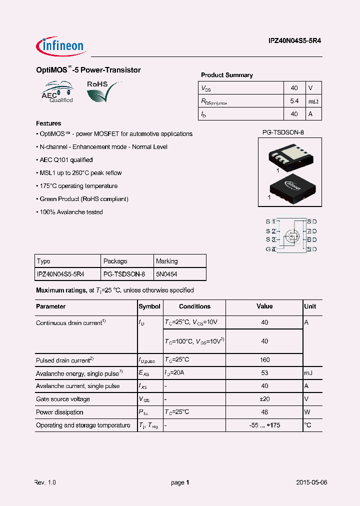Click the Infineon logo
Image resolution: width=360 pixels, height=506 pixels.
[62, 46]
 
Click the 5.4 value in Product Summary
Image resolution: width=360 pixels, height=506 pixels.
[294, 101]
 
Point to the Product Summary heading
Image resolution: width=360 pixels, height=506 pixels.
[226, 75]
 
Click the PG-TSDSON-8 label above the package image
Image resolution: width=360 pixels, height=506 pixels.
[283, 132]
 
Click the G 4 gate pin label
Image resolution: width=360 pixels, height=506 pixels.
[270, 249]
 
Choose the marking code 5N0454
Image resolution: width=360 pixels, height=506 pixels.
[166, 274]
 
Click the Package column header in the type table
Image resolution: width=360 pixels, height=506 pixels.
[115, 261]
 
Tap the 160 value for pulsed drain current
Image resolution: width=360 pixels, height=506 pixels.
[264, 359]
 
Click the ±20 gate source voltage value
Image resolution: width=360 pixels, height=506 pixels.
[264, 399]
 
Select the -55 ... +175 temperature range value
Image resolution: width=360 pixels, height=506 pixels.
[264, 425]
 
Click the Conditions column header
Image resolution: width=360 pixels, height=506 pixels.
[194, 306]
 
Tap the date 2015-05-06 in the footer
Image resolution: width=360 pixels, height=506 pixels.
[311, 482]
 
